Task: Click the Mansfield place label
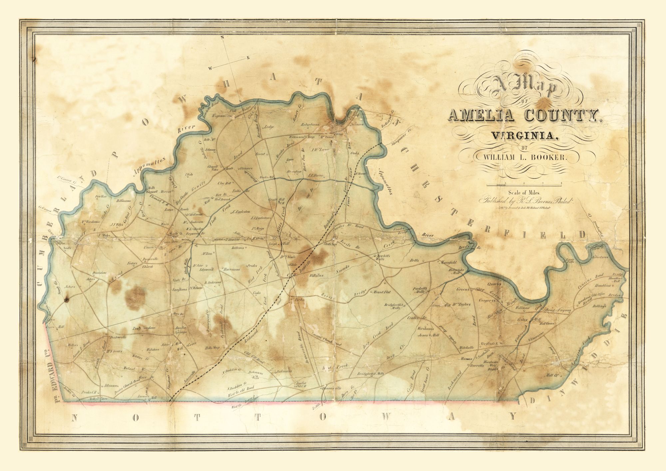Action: point(448,262)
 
